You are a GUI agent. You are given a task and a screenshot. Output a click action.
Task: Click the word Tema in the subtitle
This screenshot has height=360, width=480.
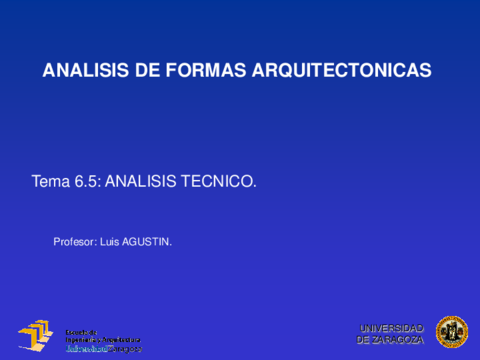[x=50, y=182]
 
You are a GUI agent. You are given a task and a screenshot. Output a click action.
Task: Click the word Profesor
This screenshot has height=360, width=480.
[x=74, y=241]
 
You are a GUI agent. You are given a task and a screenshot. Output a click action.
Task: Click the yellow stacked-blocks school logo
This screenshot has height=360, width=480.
[x=34, y=336]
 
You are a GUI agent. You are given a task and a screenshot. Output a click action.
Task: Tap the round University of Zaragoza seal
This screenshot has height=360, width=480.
[x=451, y=332]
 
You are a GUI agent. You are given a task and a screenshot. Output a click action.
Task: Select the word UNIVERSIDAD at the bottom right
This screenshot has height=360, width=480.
[x=391, y=328]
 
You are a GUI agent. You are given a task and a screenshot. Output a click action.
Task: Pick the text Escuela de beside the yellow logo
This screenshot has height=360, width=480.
[x=81, y=329]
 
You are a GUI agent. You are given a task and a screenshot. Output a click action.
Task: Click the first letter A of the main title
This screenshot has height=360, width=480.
[x=49, y=71]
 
